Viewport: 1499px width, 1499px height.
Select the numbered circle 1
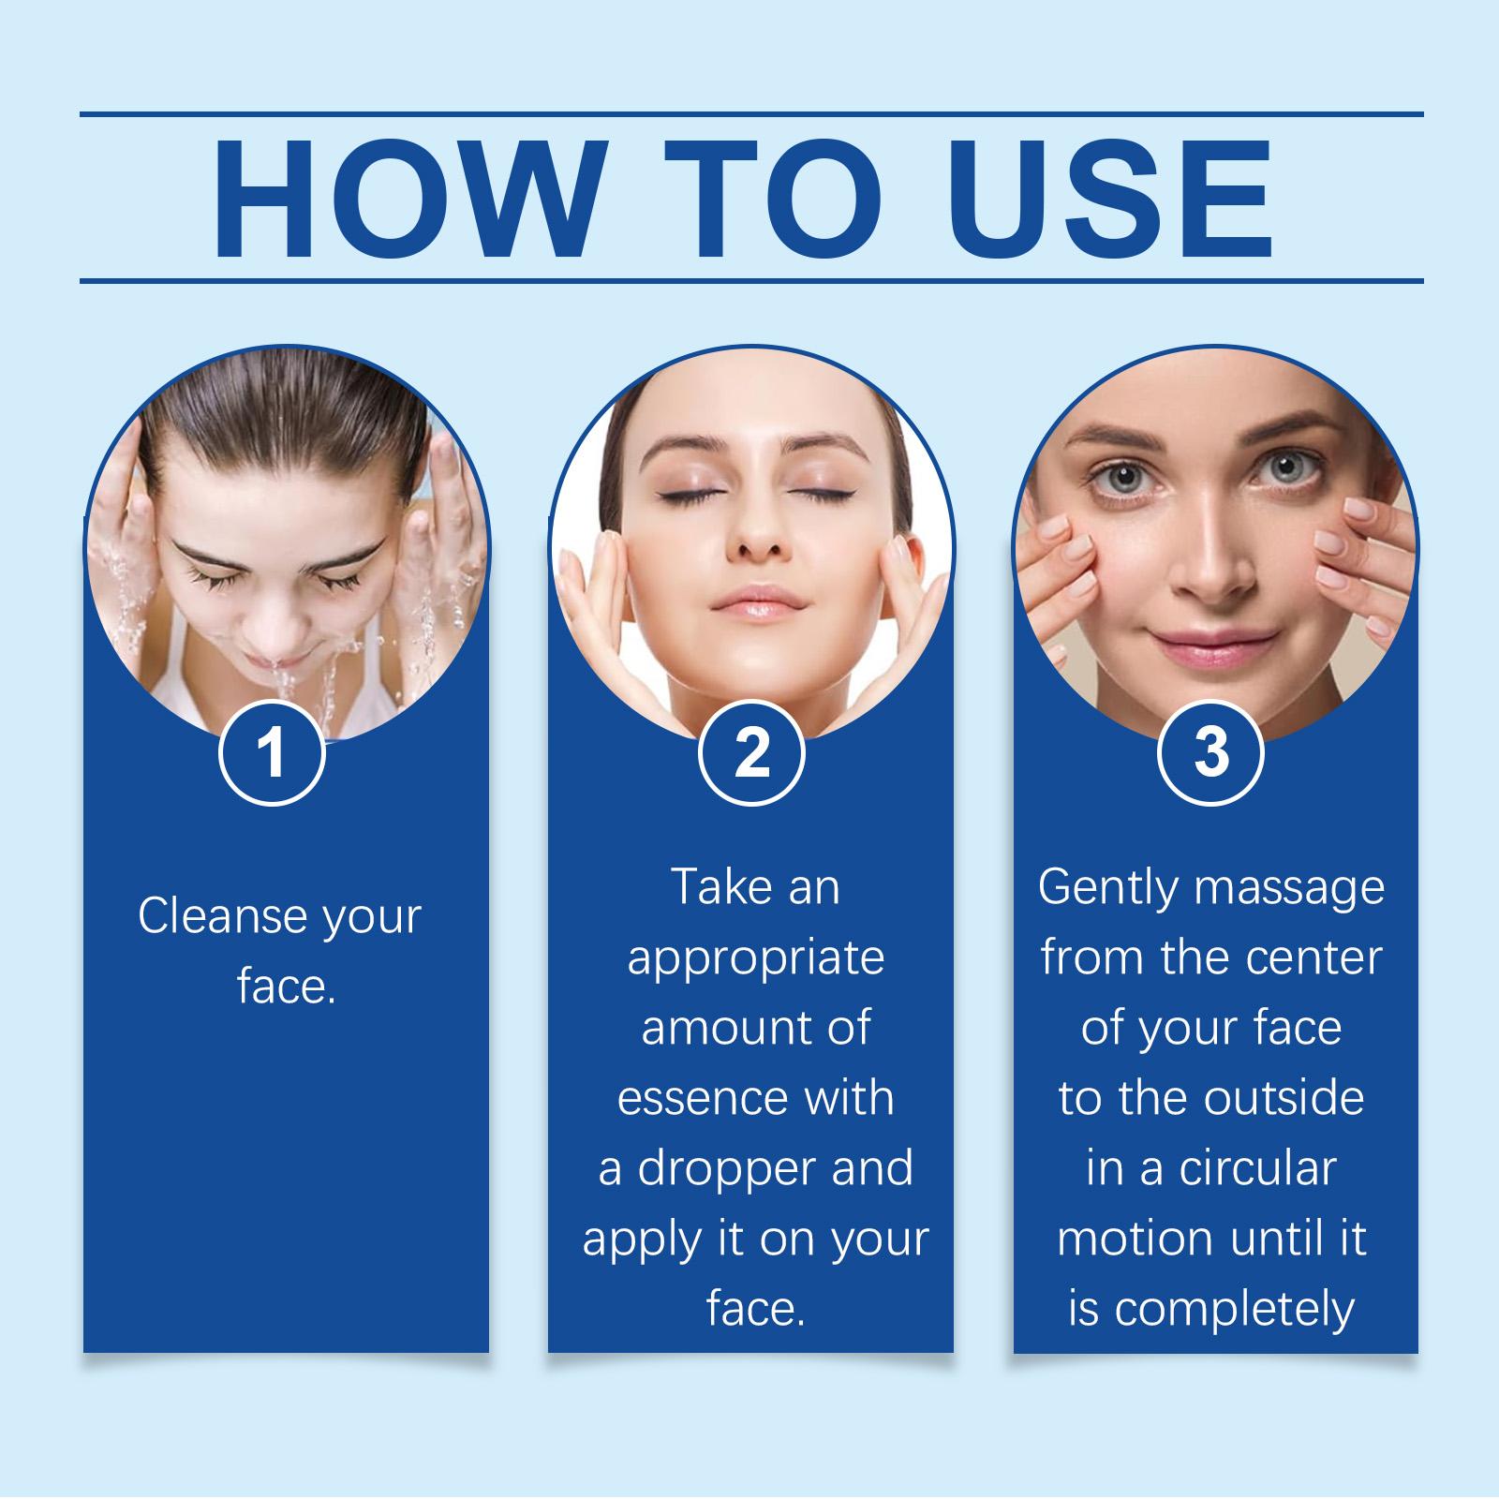point(272,753)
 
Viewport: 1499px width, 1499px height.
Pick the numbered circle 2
point(751,753)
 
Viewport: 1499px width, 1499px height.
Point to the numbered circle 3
point(1210,753)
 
